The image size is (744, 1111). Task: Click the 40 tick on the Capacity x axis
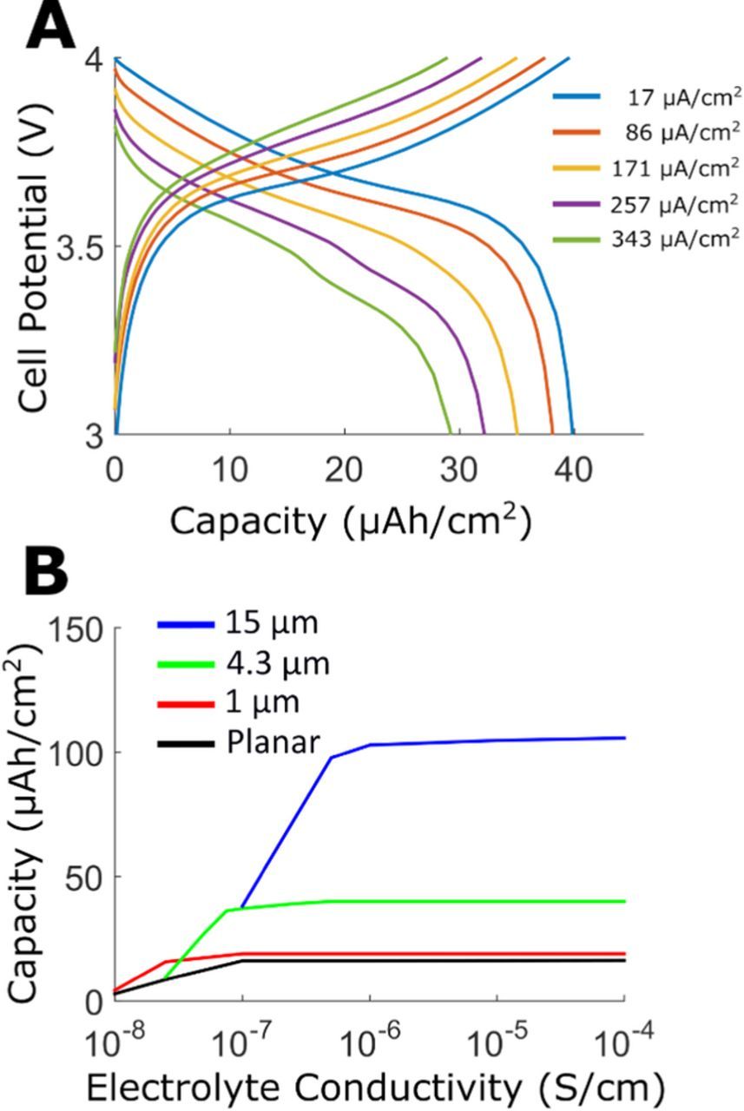pyautogui.click(x=574, y=470)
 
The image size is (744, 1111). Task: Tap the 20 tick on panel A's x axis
pyautogui.click(x=345, y=470)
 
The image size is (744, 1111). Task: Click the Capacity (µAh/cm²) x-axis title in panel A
pyautogui.click(x=350, y=522)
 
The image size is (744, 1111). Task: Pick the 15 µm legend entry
pyautogui.click(x=260, y=623)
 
